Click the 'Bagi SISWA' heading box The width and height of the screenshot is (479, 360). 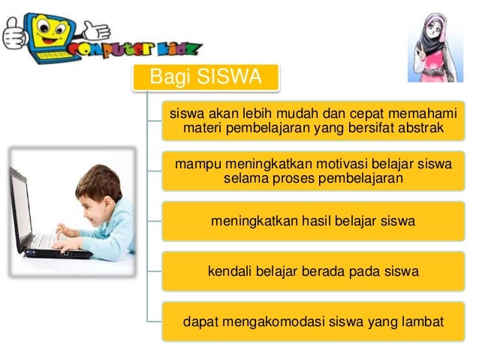205,77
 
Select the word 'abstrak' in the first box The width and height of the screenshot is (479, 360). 420,129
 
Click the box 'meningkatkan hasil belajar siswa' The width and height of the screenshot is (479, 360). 312,221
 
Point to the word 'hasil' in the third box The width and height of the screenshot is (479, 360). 318,221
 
